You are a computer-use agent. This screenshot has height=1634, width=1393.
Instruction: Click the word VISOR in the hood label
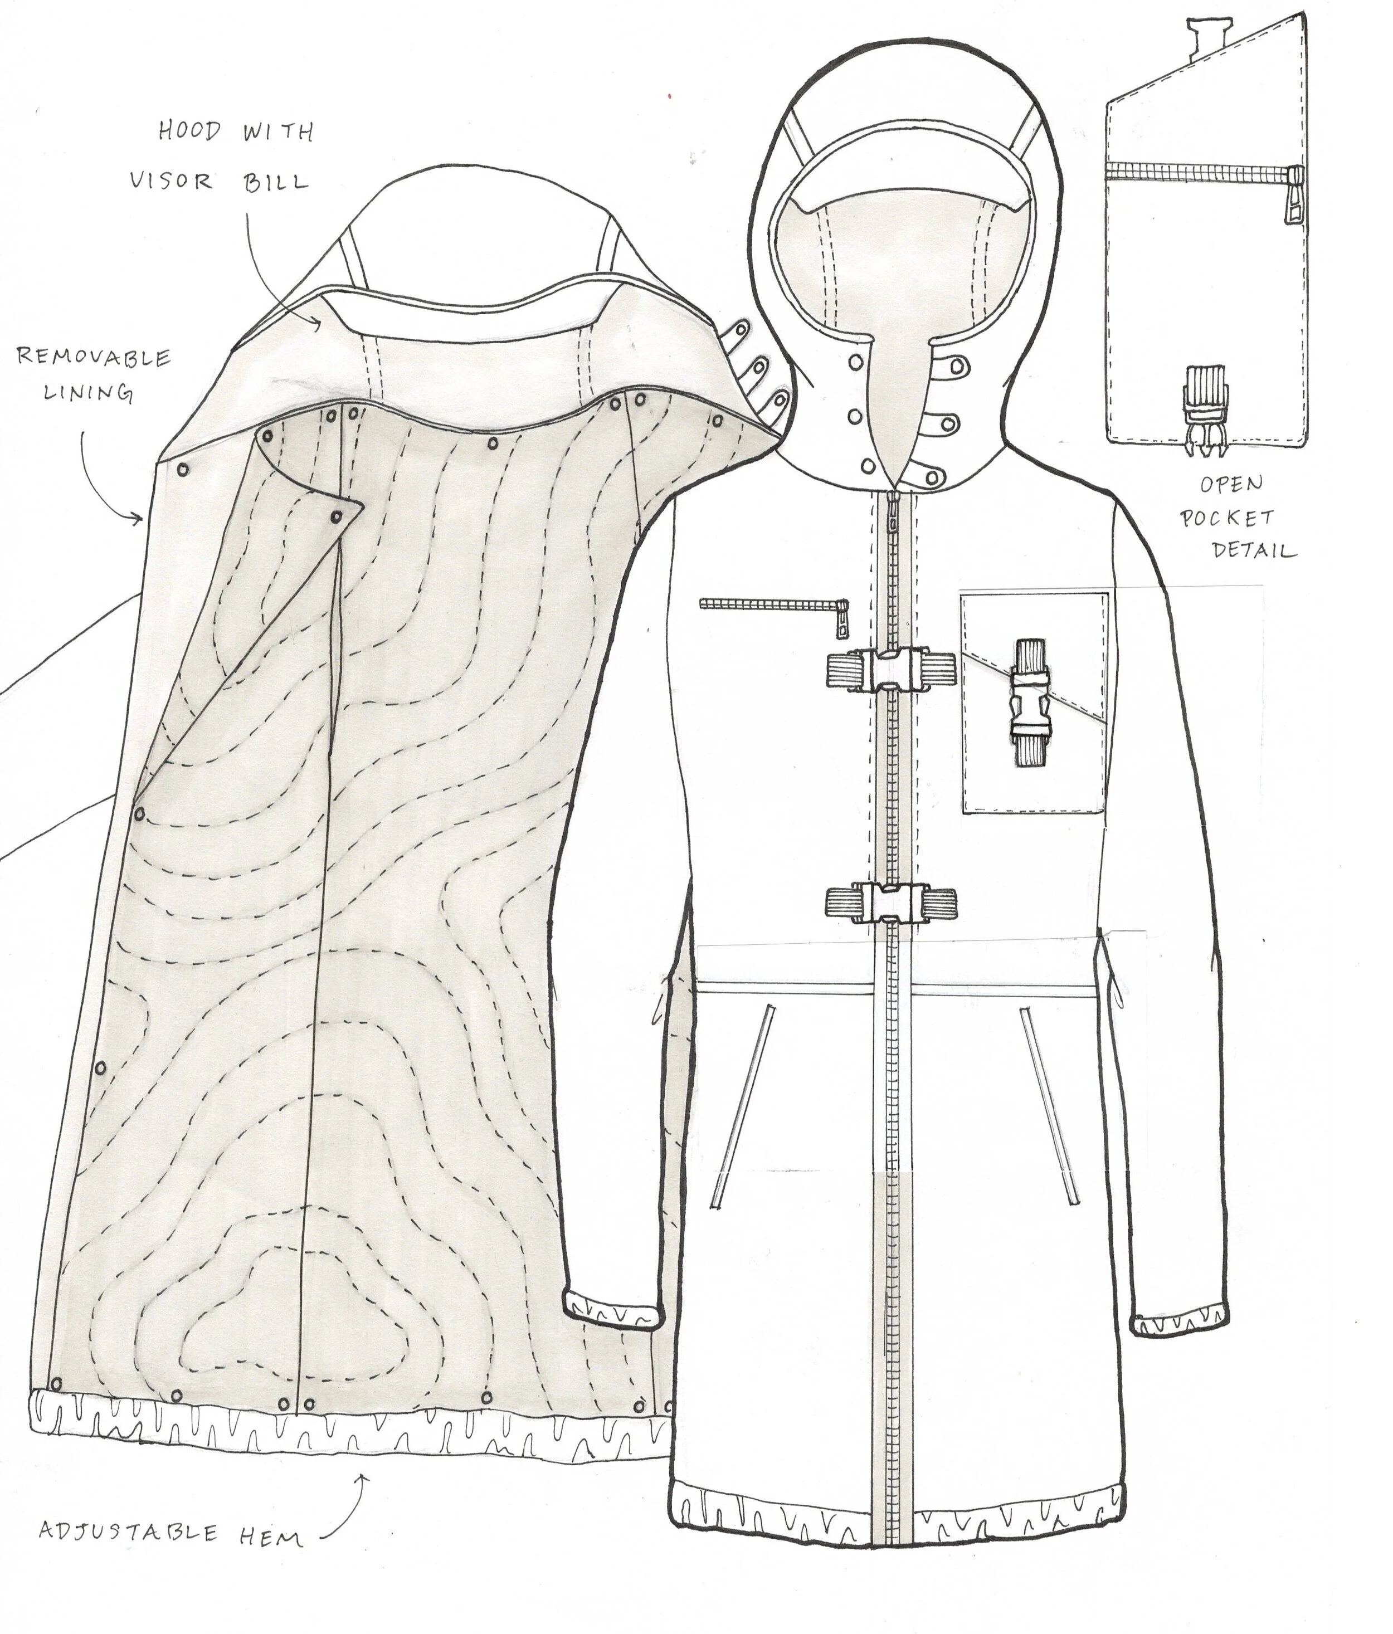(x=171, y=182)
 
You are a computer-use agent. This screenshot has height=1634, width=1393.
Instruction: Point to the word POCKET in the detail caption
(x=1226, y=518)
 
